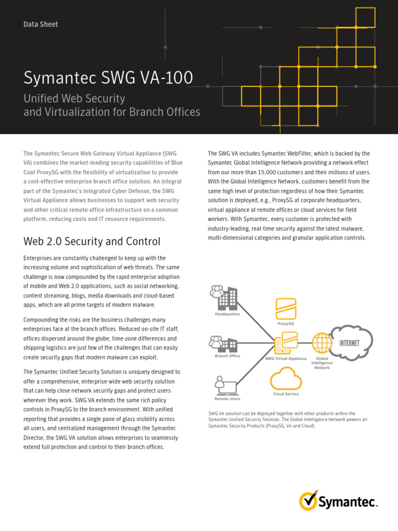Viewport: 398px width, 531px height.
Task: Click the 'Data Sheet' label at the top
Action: coord(40,24)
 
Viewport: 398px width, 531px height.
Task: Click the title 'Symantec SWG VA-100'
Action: coord(108,78)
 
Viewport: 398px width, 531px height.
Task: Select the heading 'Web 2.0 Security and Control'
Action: coord(92,241)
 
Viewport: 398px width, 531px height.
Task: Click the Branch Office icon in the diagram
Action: coord(223,344)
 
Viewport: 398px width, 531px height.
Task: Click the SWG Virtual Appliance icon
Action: coord(286,344)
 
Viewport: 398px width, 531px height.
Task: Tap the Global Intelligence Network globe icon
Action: coord(322,343)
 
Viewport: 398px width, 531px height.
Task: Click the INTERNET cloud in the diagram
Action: coord(351,342)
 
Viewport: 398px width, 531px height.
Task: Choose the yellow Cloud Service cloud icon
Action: coord(286,378)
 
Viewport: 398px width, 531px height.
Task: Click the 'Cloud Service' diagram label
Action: coord(286,394)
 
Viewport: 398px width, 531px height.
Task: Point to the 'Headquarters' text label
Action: coord(228,314)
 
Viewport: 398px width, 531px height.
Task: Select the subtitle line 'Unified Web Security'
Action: coord(74,98)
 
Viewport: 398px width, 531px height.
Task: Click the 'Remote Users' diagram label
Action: coord(228,399)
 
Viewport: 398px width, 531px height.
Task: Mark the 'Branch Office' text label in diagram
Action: coord(228,356)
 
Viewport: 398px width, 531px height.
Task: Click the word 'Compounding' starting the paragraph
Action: coord(42,320)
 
